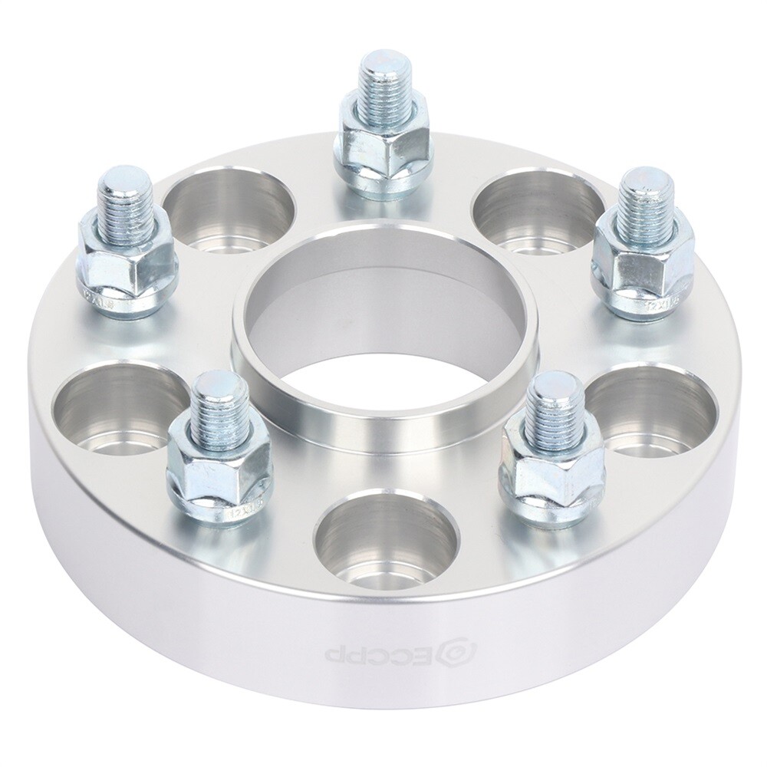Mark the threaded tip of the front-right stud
click(x=552, y=407)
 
